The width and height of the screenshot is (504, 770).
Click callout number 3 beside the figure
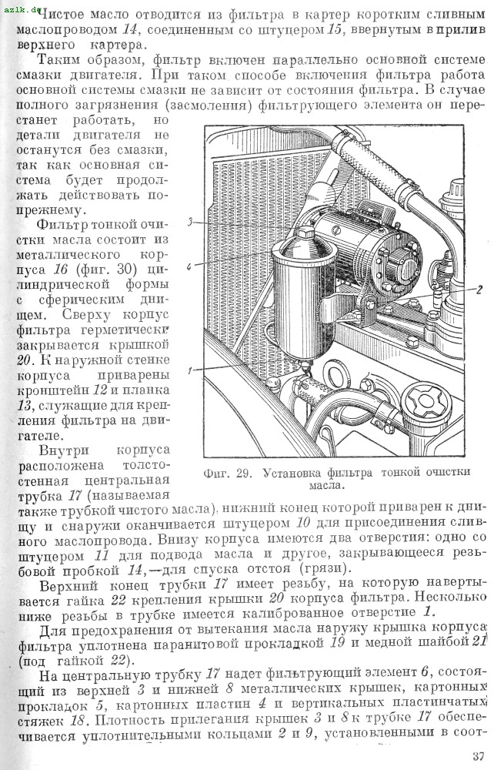click(x=190, y=222)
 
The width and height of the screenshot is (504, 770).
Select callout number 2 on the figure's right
click(x=479, y=290)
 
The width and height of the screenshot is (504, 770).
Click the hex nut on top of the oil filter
click(x=304, y=233)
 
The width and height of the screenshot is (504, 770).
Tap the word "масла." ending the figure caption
click(x=326, y=486)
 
